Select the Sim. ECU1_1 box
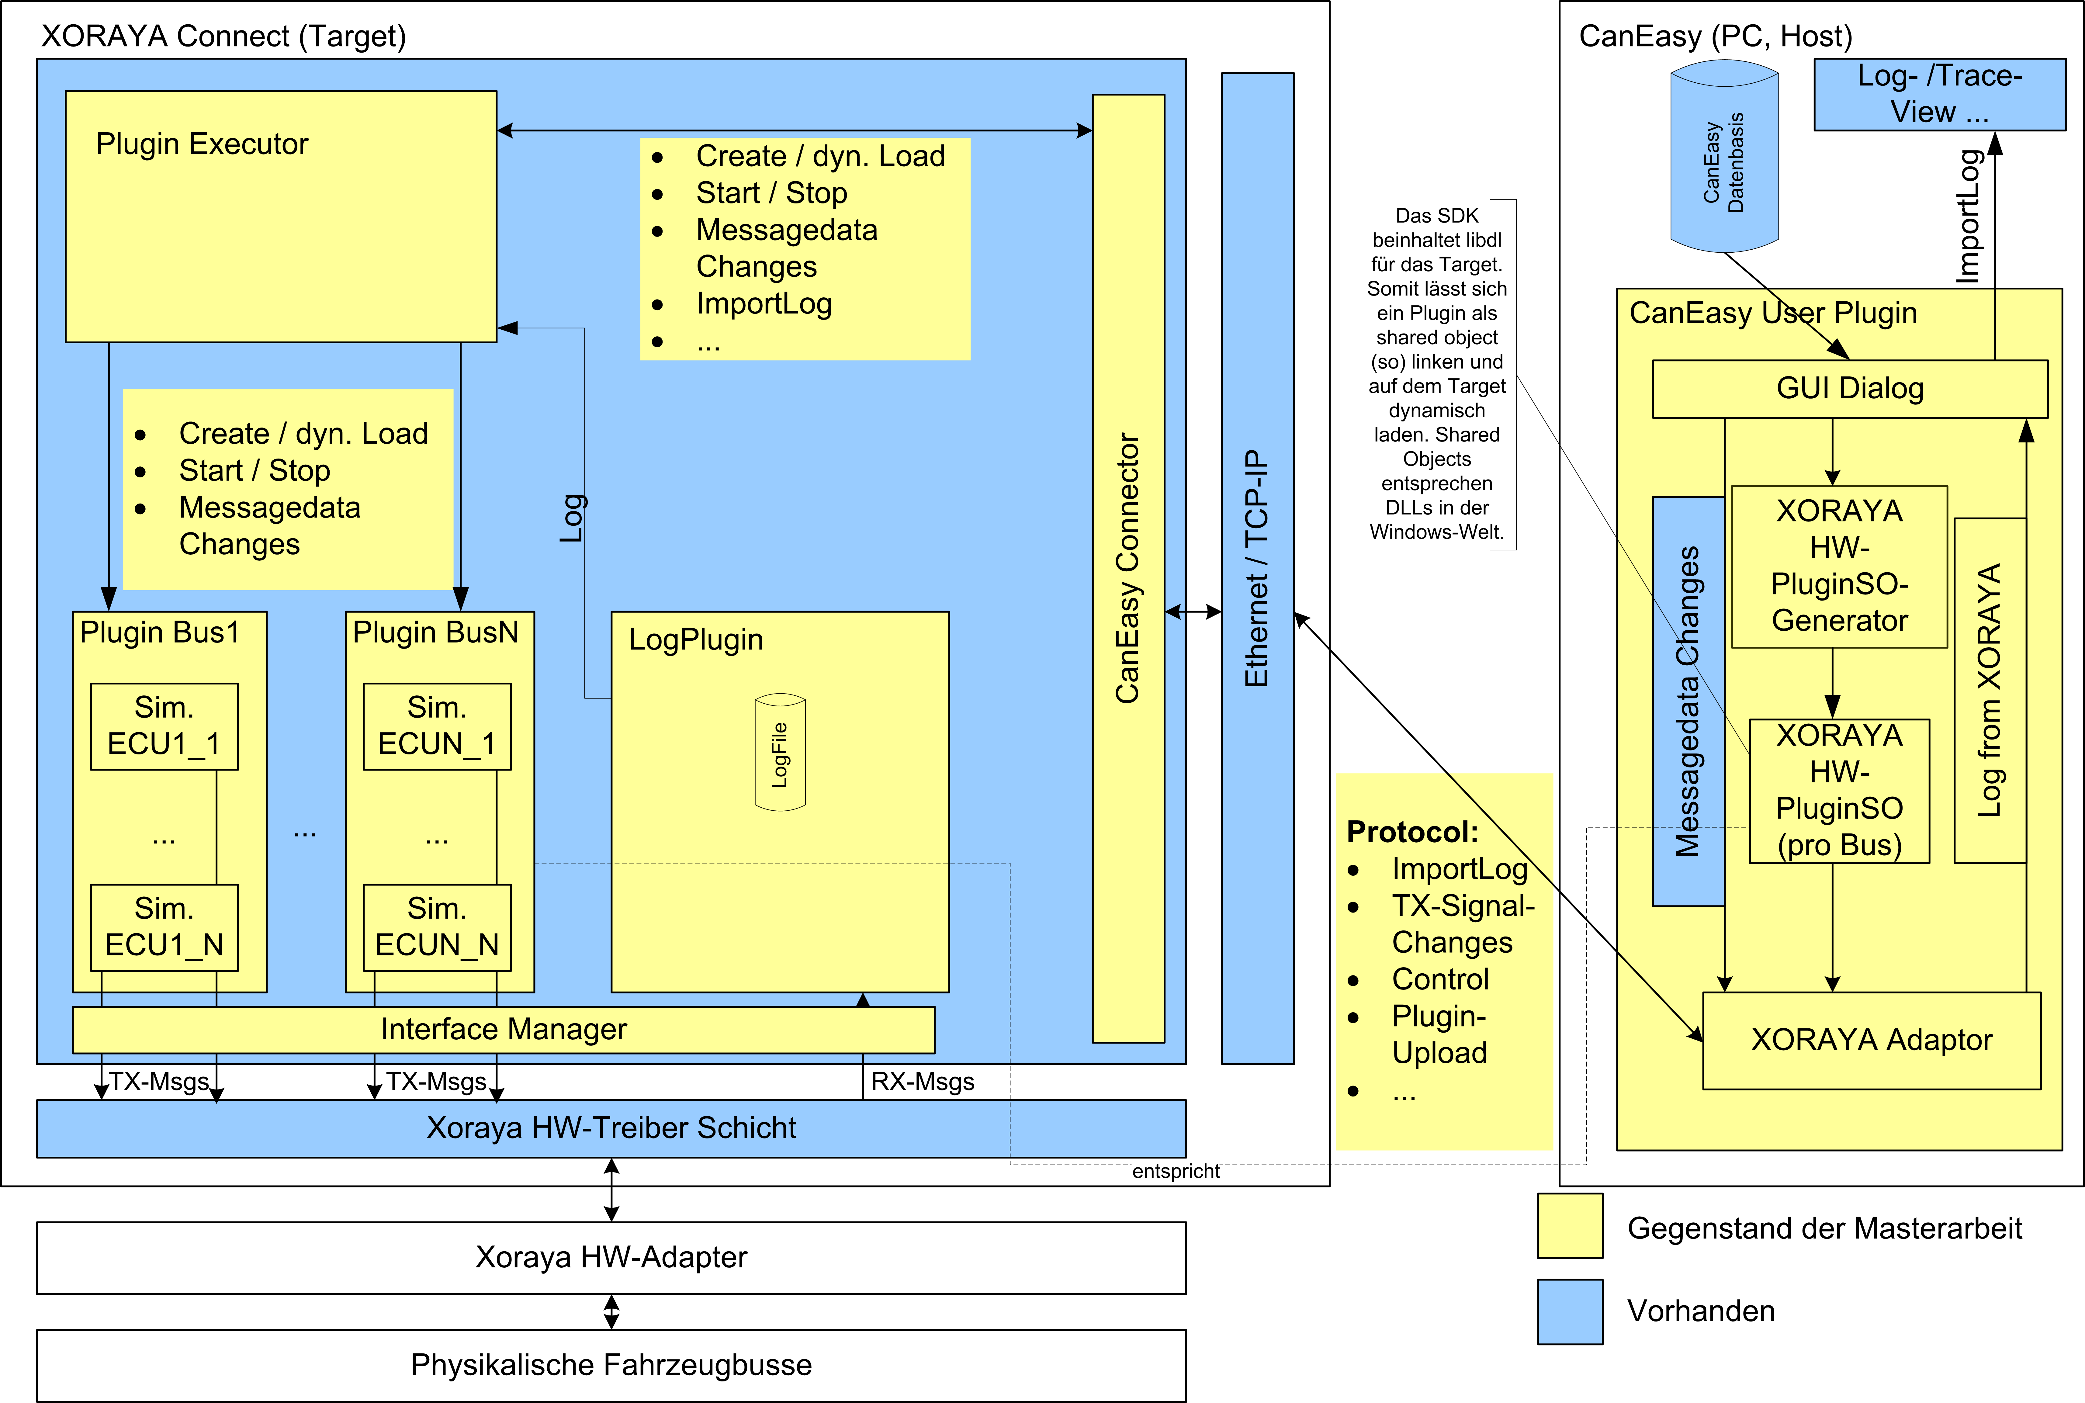(x=164, y=726)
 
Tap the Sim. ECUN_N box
(x=437, y=927)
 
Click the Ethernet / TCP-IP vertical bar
(x=1257, y=568)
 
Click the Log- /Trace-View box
(x=1939, y=94)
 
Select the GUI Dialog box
(x=1850, y=388)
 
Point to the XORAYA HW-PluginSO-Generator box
(x=1839, y=566)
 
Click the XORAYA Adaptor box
(x=1871, y=1040)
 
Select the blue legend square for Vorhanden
(x=1570, y=1311)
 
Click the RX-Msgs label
(x=923, y=1082)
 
